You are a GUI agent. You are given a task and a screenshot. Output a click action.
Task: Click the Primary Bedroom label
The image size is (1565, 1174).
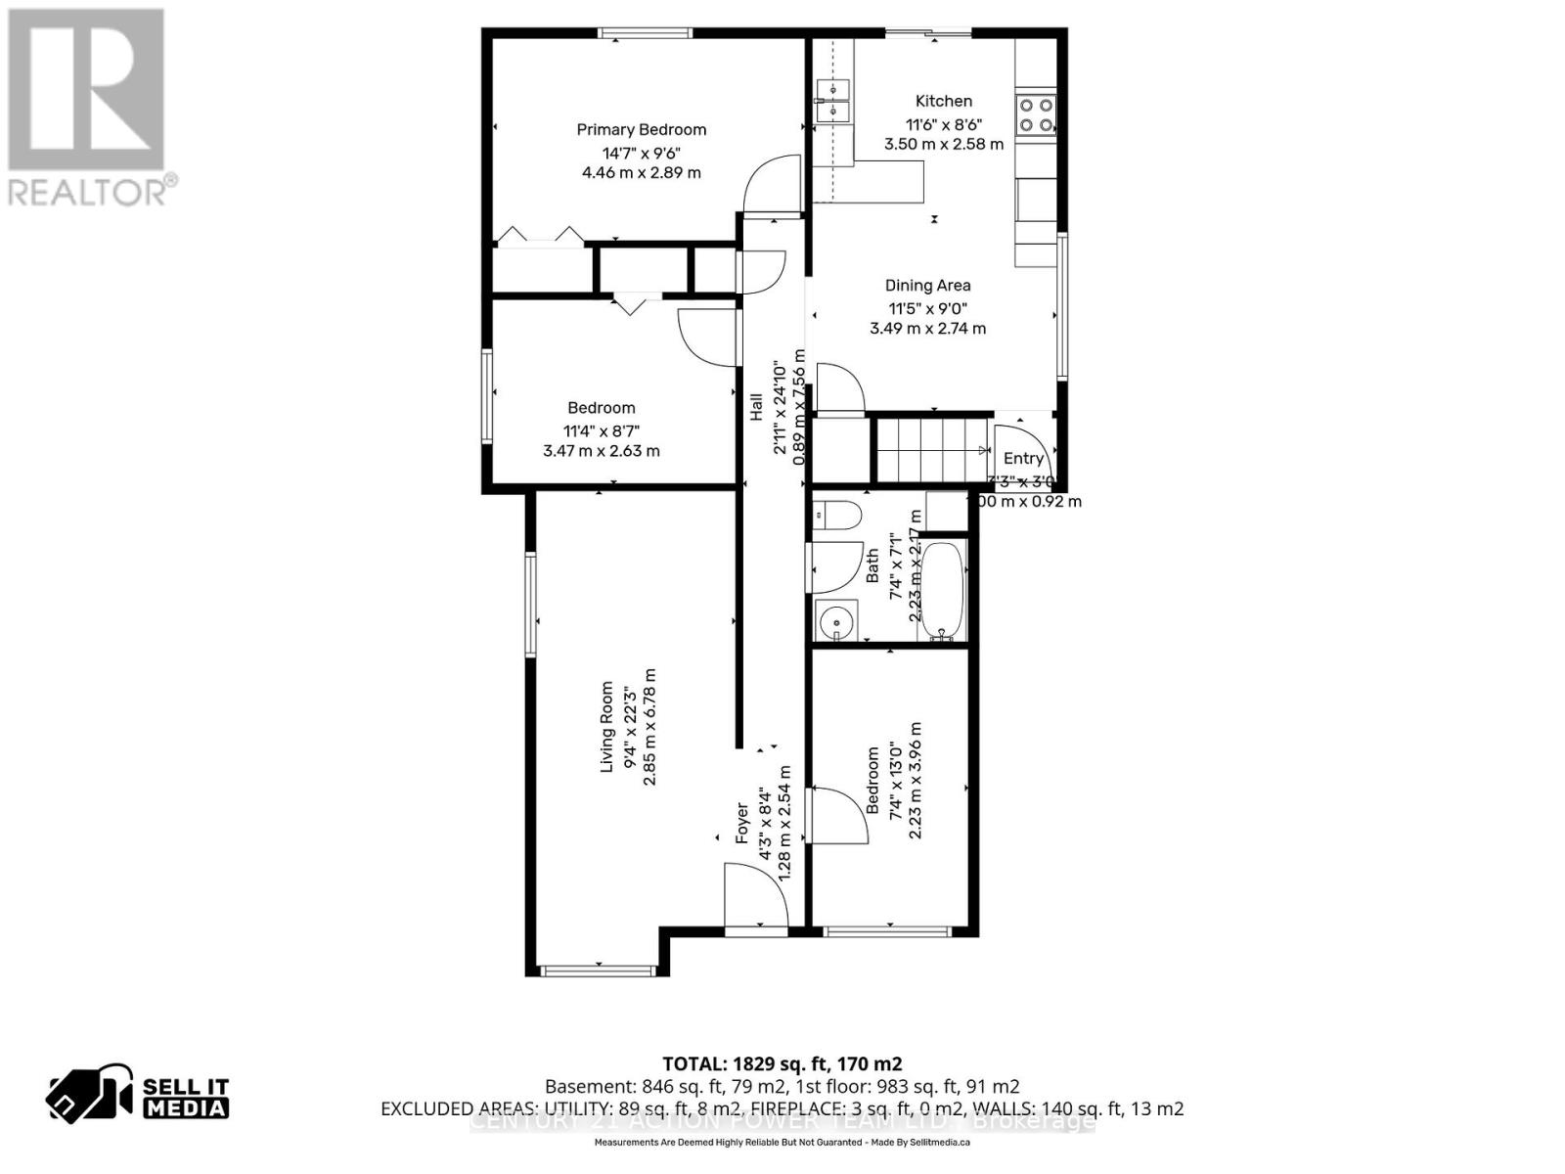point(641,129)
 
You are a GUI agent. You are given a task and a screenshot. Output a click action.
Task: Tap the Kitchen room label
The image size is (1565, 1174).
point(943,101)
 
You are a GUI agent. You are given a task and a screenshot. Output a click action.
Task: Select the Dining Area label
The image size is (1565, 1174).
point(927,286)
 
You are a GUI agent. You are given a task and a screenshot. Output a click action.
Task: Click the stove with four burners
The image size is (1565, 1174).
point(1036,114)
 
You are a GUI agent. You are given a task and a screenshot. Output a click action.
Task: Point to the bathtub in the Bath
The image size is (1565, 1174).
point(943,590)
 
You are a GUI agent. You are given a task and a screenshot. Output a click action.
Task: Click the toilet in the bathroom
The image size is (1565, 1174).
point(837,515)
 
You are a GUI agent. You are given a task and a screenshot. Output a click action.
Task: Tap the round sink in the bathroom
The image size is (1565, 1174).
point(836,621)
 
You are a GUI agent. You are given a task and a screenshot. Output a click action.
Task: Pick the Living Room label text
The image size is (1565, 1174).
point(606,727)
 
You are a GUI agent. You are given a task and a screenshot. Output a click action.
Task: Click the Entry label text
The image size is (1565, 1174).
point(1023,458)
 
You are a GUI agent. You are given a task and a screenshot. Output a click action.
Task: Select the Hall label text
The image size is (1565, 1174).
point(756,407)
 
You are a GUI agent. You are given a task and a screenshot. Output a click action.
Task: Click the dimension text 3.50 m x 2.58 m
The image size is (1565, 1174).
point(943,144)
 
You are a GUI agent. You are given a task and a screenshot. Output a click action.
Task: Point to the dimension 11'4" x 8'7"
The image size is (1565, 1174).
point(601,429)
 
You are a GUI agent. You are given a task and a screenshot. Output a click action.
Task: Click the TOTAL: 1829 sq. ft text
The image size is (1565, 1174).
point(782,1063)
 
